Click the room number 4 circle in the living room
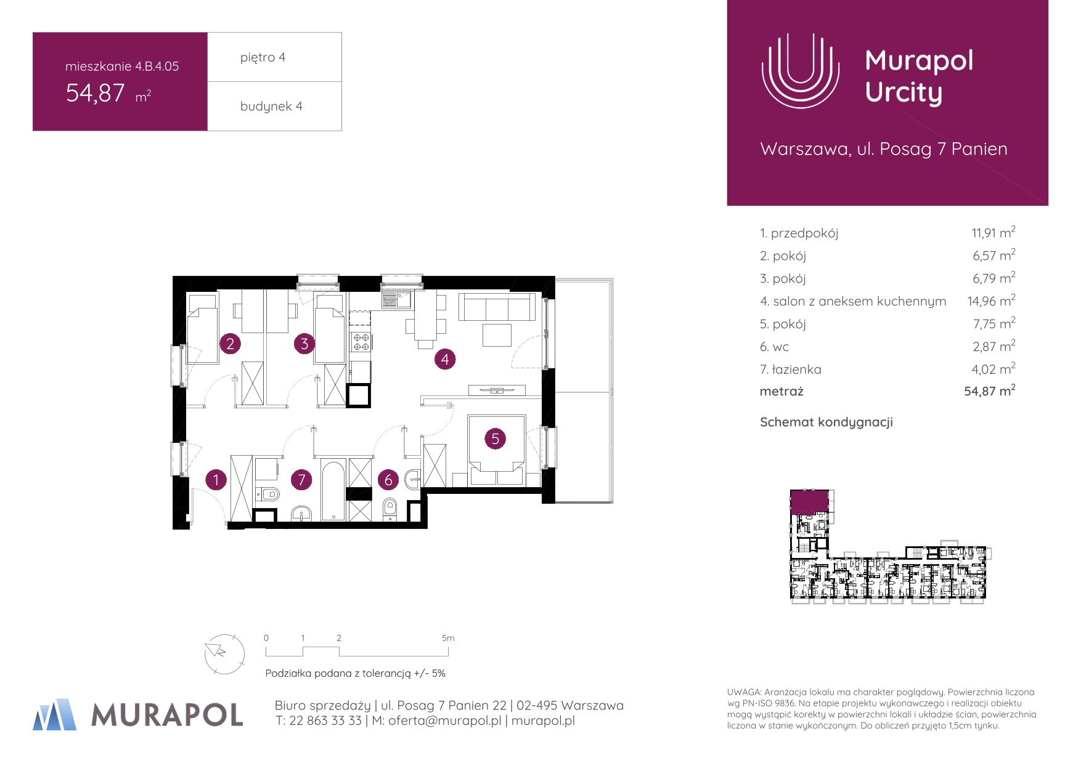tap(445, 359)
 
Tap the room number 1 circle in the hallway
tap(216, 479)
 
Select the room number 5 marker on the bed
tap(495, 438)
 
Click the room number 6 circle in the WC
tap(388, 479)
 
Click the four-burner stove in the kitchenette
tap(361, 342)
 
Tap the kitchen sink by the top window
tap(396, 300)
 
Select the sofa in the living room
tap(497, 307)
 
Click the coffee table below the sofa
tap(497, 335)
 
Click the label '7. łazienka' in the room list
tap(790, 369)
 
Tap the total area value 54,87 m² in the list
tap(990, 391)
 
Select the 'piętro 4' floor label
tap(263, 57)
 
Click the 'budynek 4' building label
tap(271, 106)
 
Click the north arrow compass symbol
tap(224, 653)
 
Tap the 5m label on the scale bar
tap(448, 638)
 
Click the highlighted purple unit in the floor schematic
tap(809, 502)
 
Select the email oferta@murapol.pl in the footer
tap(444, 721)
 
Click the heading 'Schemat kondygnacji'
tap(826, 422)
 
